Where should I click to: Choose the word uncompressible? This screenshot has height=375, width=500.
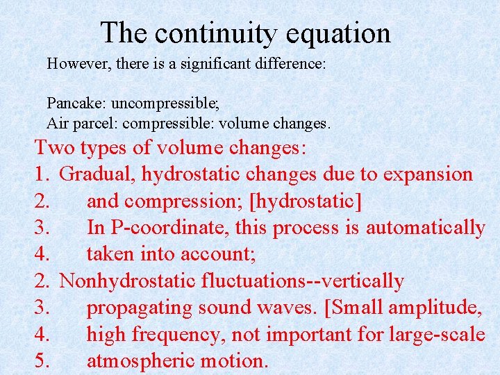point(165,103)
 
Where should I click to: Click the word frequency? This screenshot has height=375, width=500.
point(174,334)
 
